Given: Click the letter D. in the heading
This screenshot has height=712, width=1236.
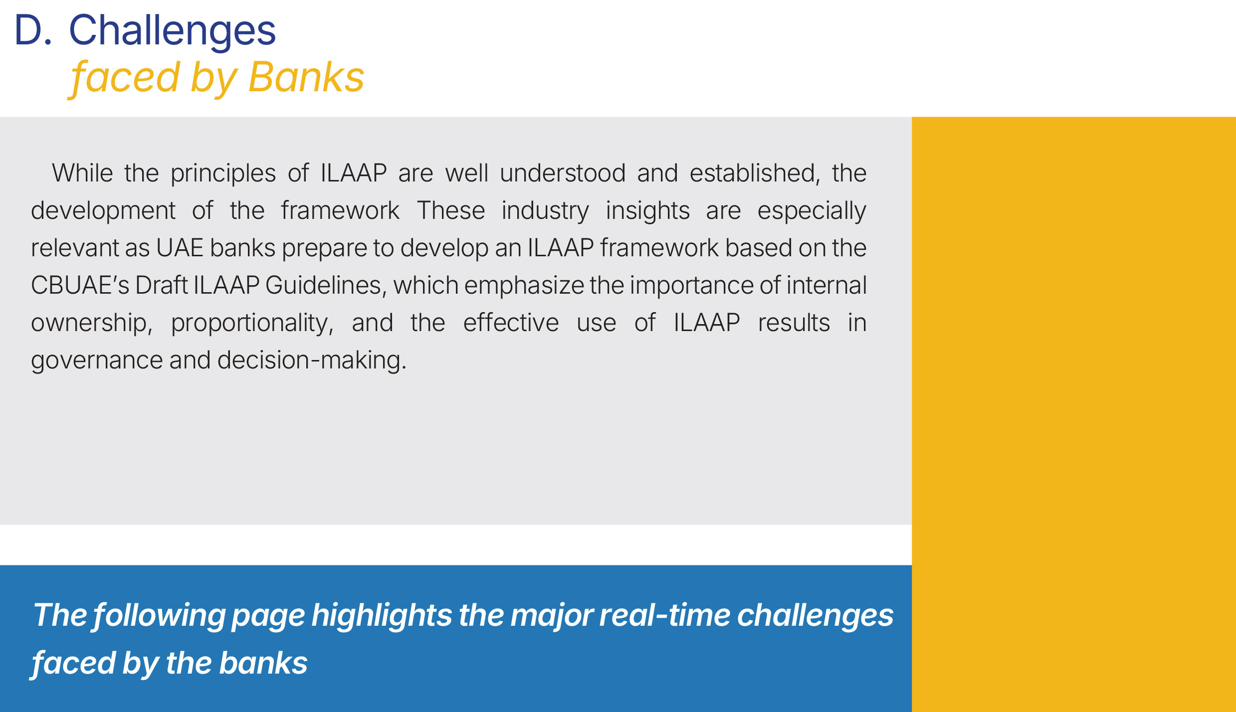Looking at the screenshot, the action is (x=33, y=30).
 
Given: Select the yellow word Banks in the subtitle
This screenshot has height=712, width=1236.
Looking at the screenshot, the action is (x=306, y=77).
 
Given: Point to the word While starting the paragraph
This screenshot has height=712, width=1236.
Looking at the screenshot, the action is (x=82, y=173).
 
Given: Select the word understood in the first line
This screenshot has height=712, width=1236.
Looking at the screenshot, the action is (x=563, y=173).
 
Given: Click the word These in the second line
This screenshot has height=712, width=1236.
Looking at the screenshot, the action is (x=451, y=210).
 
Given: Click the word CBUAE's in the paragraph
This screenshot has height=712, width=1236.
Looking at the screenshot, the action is (x=80, y=285).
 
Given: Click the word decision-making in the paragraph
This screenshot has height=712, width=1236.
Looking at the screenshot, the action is (x=312, y=360).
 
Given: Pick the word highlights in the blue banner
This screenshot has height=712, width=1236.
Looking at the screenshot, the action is (x=382, y=616).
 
